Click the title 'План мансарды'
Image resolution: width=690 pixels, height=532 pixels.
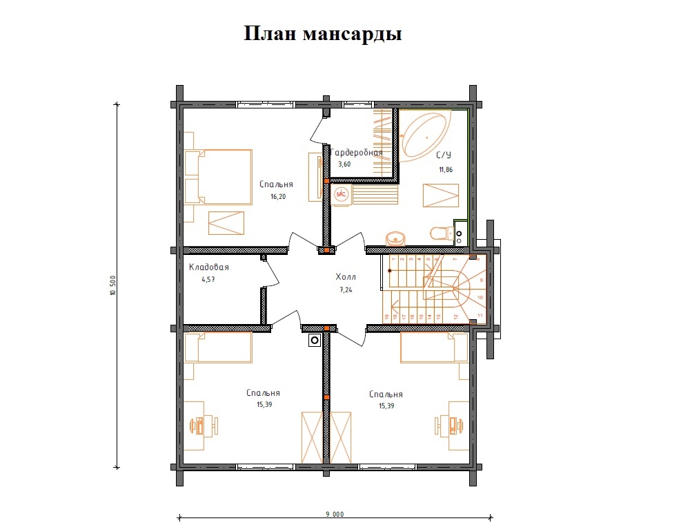(323, 34)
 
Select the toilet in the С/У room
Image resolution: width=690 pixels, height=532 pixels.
(440, 234)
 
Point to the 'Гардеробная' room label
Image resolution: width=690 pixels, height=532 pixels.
(356, 153)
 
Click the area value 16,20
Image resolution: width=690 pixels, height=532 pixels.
(277, 196)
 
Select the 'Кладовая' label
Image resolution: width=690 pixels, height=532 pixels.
(208, 267)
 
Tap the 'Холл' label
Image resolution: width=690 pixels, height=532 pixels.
(346, 277)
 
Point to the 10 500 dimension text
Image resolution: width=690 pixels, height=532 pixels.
(112, 285)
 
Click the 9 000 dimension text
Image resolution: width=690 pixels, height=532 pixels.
(335, 514)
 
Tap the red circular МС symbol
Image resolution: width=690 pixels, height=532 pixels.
(340, 195)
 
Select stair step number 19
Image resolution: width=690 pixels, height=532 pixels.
(386, 316)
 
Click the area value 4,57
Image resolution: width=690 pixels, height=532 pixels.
(208, 280)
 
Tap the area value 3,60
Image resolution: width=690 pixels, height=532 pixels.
(344, 164)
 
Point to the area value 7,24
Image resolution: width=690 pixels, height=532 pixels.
(346, 289)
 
